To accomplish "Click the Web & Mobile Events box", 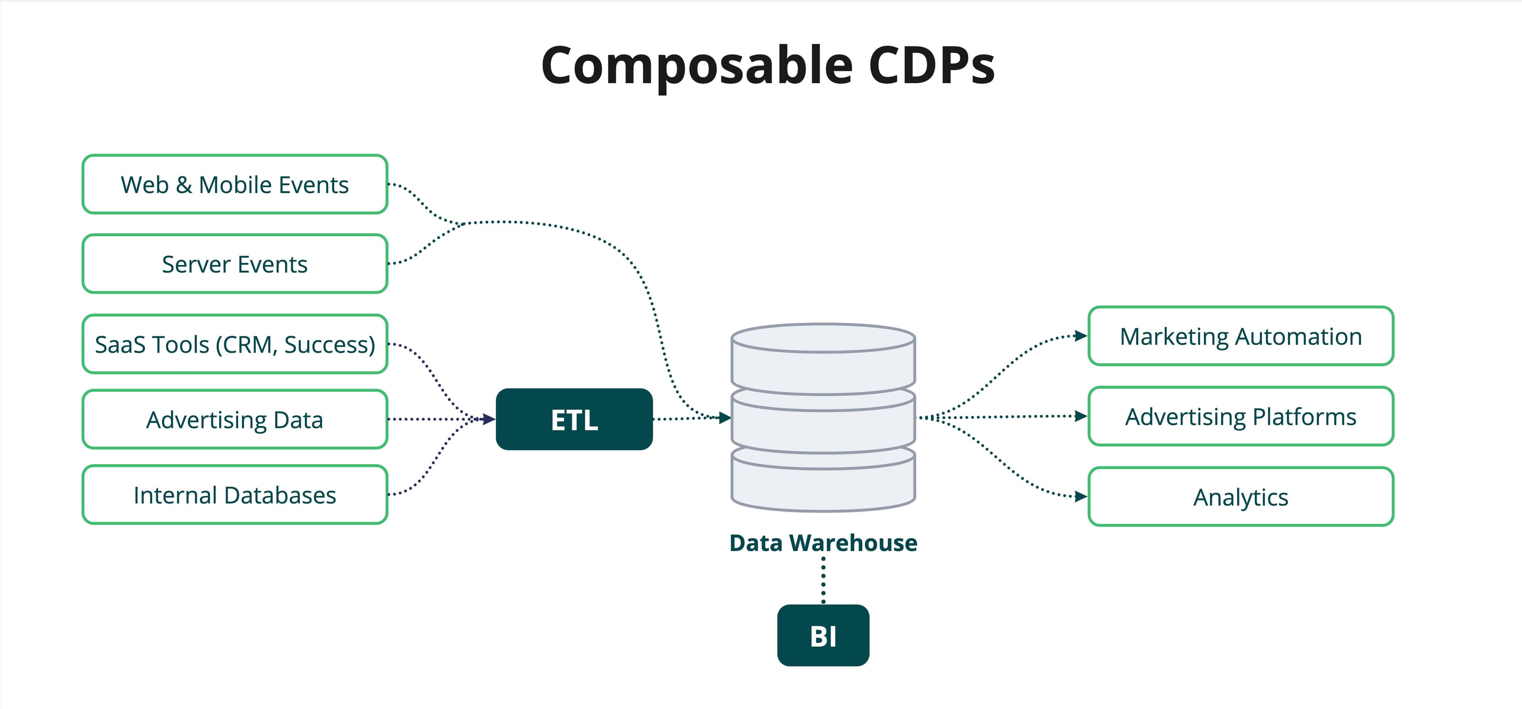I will click(235, 184).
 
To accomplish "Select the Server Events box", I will click(235, 264).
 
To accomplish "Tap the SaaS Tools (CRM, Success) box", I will click(235, 344).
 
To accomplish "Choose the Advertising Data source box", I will click(235, 419).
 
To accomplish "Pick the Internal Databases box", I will click(235, 495).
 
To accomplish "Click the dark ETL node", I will click(574, 419).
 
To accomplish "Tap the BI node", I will click(823, 636).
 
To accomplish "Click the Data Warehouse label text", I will click(823, 543).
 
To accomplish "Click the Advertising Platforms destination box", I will click(1241, 416).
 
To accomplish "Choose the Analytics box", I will click(1241, 497).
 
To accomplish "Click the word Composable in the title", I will click(697, 66).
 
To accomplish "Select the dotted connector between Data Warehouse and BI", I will click(823, 579).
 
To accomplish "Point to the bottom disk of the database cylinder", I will click(823, 482).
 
